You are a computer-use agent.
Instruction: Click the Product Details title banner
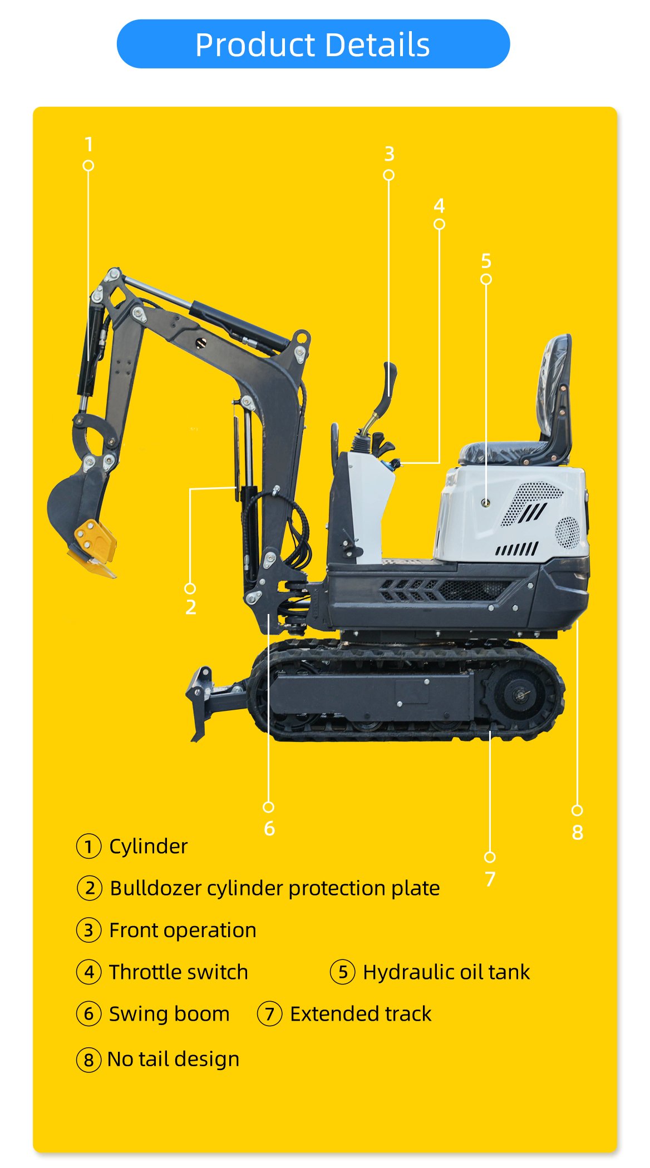[x=313, y=44]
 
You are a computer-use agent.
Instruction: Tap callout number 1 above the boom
[x=88, y=145]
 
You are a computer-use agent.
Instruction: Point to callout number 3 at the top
[x=389, y=154]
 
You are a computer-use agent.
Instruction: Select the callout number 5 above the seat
[x=486, y=261]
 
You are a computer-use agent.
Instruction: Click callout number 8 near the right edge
[x=578, y=832]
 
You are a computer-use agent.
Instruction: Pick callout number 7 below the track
[x=490, y=879]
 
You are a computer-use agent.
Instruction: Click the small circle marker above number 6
[x=268, y=807]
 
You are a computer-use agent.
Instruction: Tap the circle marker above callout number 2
[x=190, y=588]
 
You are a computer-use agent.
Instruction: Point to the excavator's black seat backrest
[x=554, y=389]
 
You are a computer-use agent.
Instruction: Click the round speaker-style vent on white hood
[x=567, y=532]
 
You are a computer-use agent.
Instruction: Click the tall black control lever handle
[x=390, y=381]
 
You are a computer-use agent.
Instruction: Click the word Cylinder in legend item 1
[x=148, y=847]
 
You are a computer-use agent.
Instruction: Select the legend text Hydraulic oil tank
[x=446, y=972]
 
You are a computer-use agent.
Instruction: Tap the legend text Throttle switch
[x=178, y=972]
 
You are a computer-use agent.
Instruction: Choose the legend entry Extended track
[x=361, y=1014]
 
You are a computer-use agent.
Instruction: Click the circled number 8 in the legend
[x=88, y=1060]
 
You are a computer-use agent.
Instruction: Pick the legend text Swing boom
[x=169, y=1014]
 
